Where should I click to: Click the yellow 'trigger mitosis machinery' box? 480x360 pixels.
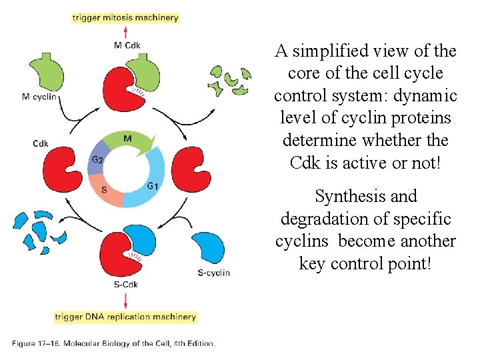125,18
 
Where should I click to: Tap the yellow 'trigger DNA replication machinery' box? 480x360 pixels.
125,317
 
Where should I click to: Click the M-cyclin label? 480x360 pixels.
39,97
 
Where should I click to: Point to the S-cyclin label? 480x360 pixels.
214,272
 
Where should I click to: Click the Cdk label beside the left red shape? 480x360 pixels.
41,143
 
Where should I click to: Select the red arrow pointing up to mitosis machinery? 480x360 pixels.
127,32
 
